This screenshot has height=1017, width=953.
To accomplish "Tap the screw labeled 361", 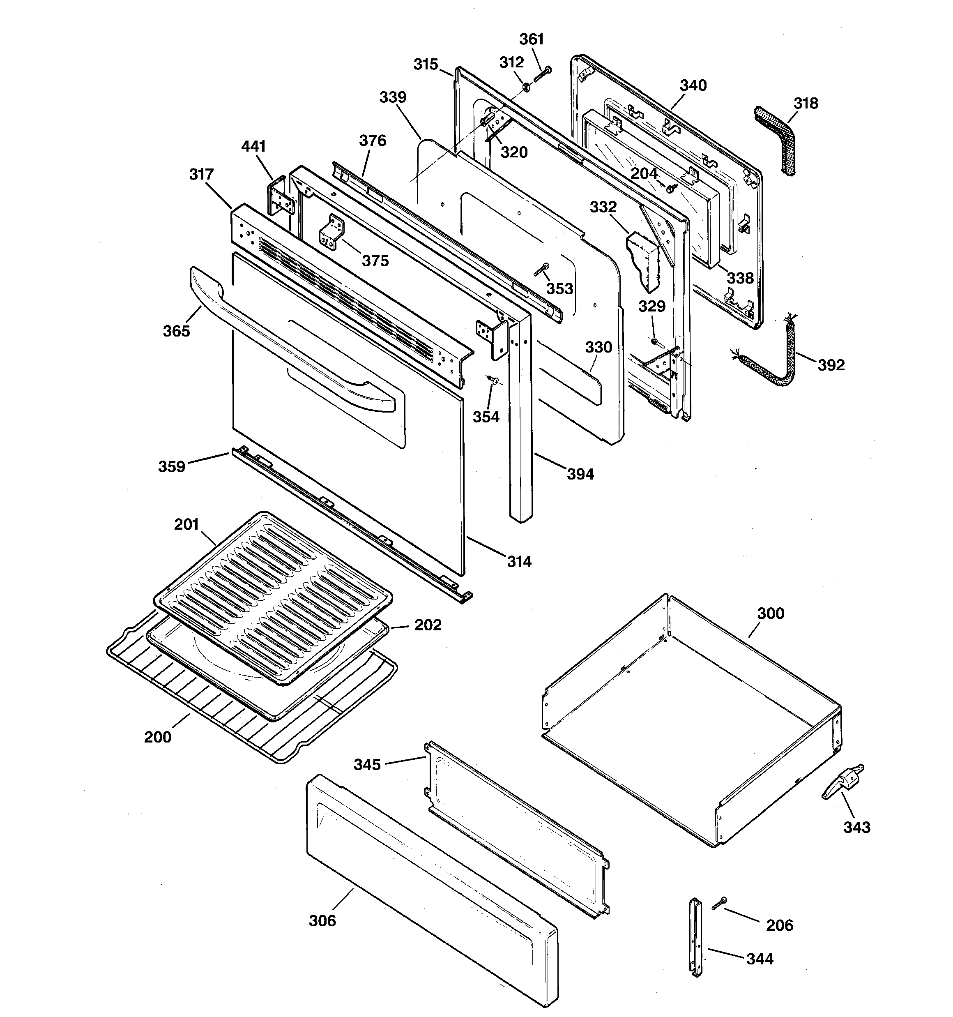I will tap(542, 75).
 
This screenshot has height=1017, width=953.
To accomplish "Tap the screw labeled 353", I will tap(541, 269).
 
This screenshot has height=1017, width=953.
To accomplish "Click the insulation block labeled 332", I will tap(644, 259).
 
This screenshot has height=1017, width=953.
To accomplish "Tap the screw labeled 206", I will tap(719, 905).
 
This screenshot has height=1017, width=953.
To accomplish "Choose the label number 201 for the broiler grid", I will tap(186, 524).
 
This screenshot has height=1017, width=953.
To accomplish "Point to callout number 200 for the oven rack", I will tap(158, 737).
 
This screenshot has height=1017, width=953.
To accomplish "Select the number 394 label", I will tap(580, 474).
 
